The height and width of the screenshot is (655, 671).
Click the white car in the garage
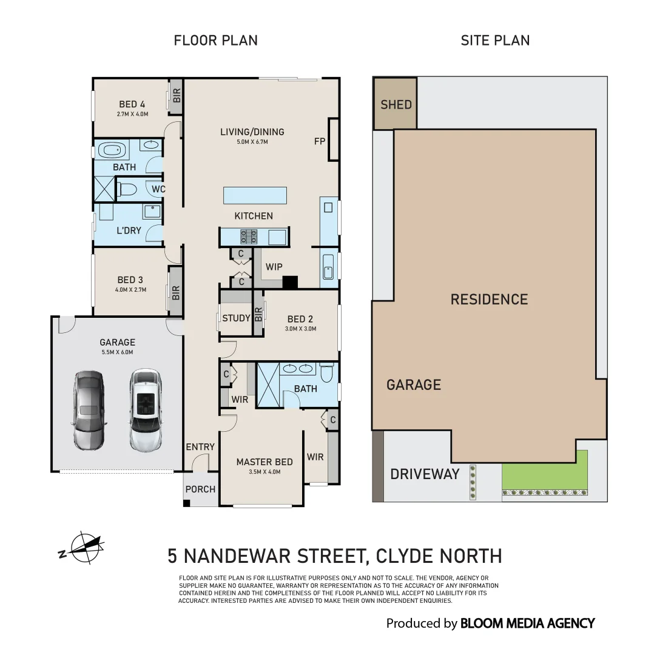146,410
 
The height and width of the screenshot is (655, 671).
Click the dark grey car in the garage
89,410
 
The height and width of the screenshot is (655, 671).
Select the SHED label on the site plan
396,104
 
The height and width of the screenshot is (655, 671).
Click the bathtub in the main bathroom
112,150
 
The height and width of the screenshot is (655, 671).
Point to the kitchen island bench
255,195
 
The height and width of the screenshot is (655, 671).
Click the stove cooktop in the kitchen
249,236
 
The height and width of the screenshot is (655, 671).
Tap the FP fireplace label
320,141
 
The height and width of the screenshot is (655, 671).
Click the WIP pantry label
274,267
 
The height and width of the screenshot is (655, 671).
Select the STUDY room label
236,318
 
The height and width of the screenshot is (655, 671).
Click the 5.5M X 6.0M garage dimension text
117,352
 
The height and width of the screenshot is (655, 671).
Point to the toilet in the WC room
126,189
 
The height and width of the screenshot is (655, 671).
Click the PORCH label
200,489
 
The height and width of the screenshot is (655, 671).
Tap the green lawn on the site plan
544,470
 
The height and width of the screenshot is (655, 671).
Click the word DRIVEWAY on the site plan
425,474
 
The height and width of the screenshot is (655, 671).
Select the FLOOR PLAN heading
216,41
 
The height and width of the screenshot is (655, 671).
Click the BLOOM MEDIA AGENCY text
527,623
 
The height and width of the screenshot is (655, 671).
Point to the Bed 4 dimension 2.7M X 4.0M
133,114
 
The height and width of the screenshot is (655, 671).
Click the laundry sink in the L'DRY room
152,211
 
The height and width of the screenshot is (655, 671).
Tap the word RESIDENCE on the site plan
489,300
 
